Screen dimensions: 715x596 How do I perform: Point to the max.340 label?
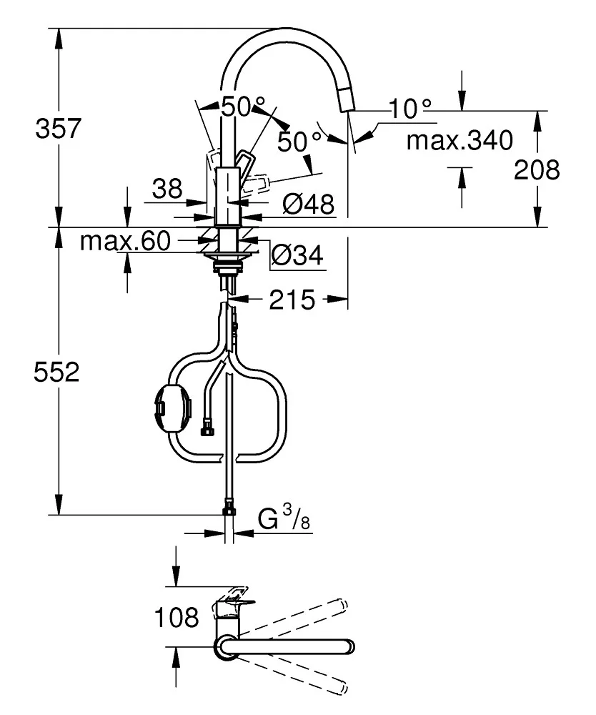[460, 142]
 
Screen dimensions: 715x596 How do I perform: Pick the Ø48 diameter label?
[308, 205]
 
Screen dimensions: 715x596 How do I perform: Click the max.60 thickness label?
[125, 242]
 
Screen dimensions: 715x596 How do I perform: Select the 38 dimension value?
[167, 189]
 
